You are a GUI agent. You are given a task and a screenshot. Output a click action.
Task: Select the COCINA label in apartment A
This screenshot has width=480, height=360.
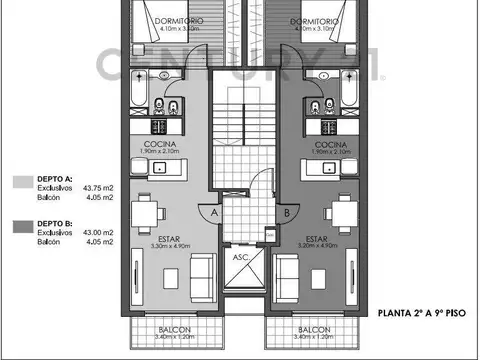[x=160, y=144]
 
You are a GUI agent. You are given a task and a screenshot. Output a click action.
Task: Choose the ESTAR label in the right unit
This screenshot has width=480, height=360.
[x=317, y=239]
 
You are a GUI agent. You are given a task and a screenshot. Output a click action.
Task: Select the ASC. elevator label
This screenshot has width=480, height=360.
[x=241, y=256]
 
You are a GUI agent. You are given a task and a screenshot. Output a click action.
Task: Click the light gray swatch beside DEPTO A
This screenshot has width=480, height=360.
[x=21, y=181]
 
